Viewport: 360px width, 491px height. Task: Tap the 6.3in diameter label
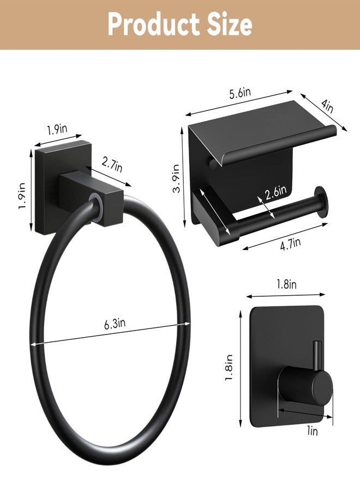click(115, 323)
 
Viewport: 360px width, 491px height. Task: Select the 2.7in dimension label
click(112, 165)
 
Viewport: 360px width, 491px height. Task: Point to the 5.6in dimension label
click(240, 93)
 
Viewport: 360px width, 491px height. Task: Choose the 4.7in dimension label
click(291, 244)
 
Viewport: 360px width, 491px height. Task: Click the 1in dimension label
click(312, 431)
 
